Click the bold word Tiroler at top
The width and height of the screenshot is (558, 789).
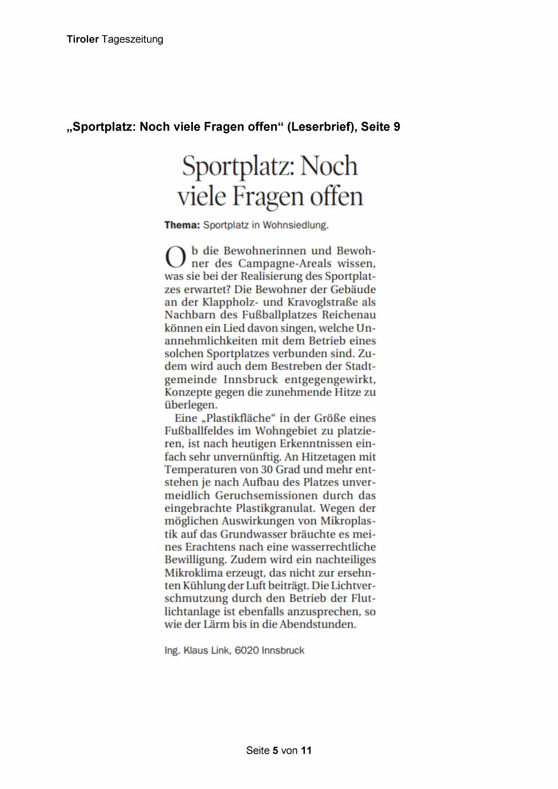(83, 39)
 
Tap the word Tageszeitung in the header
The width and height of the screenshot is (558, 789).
(132, 40)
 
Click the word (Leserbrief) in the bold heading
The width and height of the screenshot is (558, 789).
(319, 127)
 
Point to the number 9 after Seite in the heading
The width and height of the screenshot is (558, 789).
(397, 127)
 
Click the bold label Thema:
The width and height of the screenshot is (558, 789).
(182, 225)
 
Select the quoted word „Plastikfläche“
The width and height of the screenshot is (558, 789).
(237, 418)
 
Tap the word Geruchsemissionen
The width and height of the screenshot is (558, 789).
(263, 495)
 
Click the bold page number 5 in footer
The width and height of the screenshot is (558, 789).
(275, 750)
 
